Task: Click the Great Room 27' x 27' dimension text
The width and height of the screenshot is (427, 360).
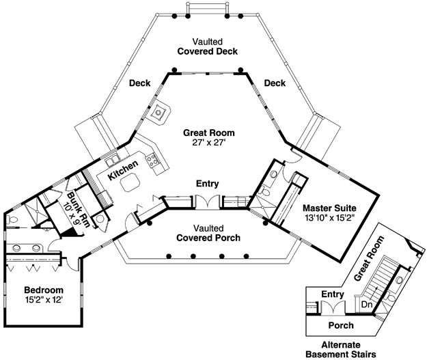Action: tap(209, 143)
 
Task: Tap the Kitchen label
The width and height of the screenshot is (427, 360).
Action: tap(123, 171)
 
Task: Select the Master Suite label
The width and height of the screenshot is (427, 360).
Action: tap(329, 208)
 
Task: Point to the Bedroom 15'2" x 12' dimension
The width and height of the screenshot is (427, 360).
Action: tap(44, 300)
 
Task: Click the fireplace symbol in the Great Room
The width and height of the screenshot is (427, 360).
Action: tap(159, 112)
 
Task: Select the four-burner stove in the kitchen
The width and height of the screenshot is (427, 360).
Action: tap(152, 160)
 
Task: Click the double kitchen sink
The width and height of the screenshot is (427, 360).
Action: tap(112, 160)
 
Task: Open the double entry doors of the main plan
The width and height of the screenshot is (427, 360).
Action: tap(208, 202)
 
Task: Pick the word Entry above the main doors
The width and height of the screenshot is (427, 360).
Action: tap(208, 184)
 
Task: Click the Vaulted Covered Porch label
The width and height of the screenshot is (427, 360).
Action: tap(208, 233)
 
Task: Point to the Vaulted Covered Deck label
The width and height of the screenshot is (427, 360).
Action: tap(208, 46)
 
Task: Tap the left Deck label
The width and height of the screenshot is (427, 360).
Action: tap(139, 83)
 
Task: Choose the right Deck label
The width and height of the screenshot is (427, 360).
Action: tap(275, 83)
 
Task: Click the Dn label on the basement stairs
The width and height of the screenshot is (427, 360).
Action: tap(367, 305)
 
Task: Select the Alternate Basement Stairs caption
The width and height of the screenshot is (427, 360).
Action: tap(341, 350)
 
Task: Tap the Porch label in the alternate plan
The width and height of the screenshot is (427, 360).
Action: tap(341, 325)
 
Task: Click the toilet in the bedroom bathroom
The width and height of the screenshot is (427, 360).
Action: tap(12, 219)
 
